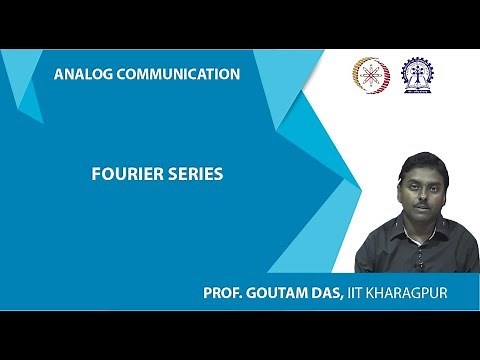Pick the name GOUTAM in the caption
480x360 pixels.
point(278,294)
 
